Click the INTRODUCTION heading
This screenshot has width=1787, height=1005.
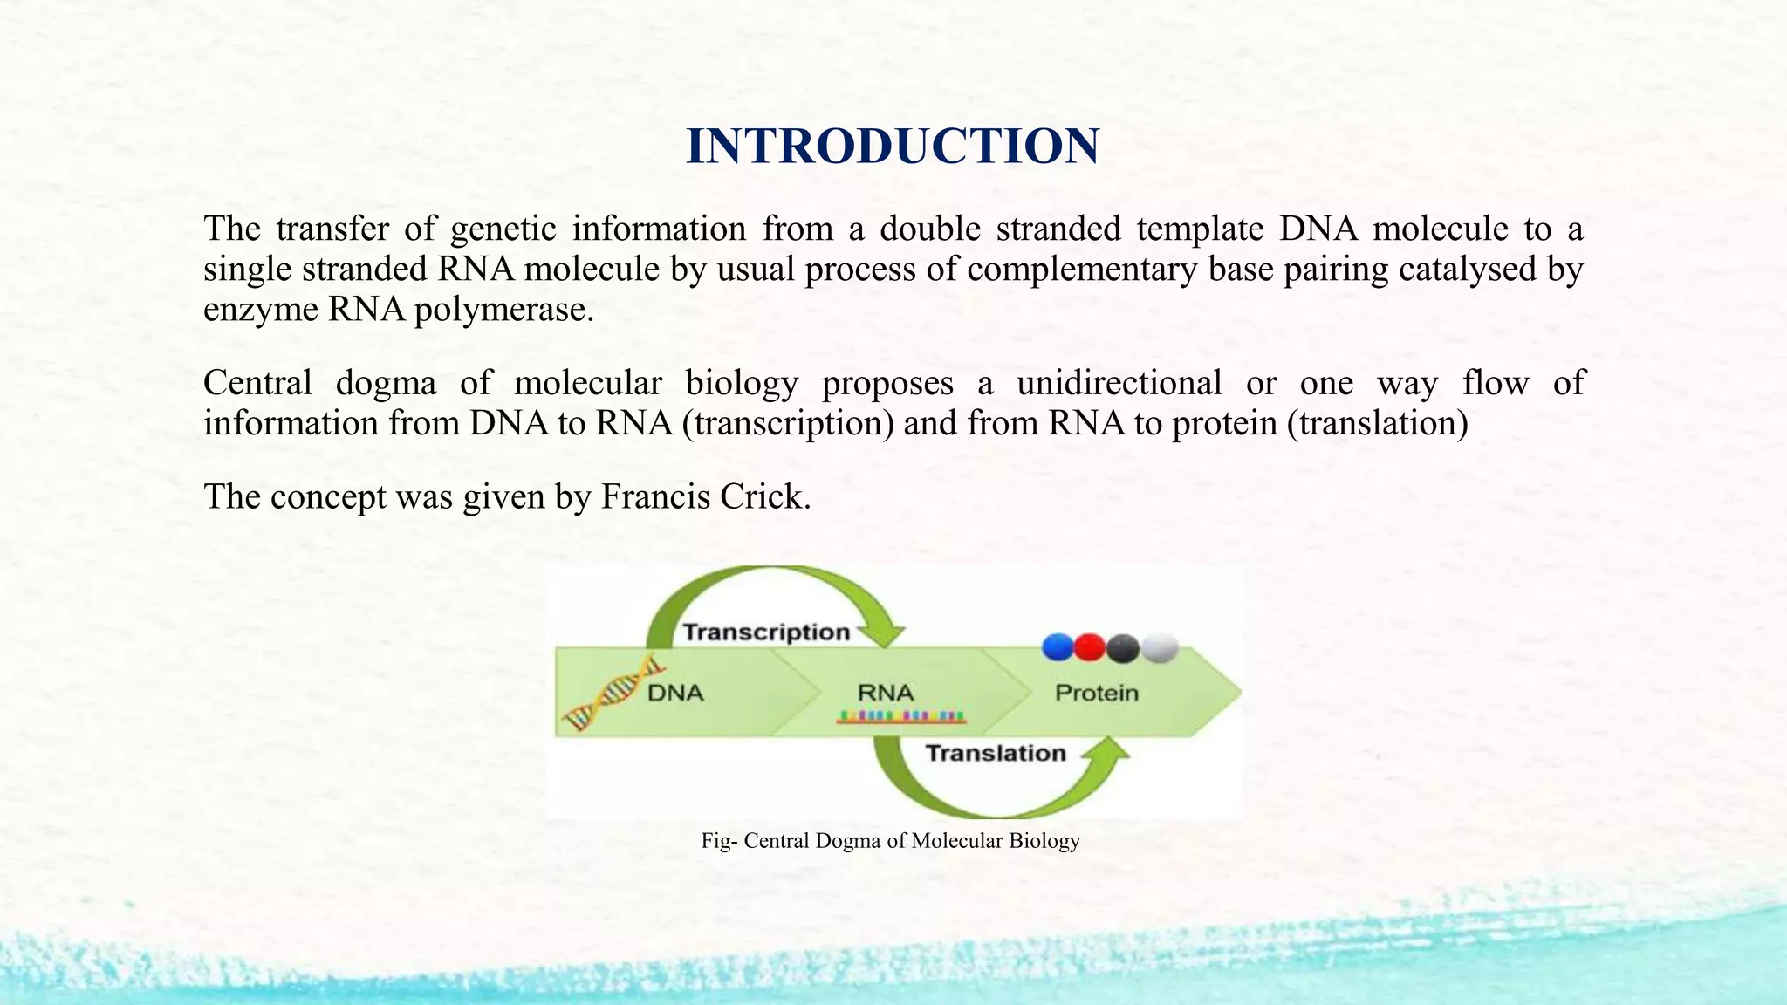(892, 146)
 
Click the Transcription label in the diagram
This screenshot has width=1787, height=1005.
(765, 632)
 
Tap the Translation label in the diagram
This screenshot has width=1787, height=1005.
(995, 753)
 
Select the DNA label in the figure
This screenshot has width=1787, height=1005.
(675, 694)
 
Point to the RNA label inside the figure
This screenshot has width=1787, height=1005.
(885, 694)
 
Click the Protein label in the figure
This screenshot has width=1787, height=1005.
(1097, 694)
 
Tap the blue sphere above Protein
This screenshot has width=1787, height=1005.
(1058, 647)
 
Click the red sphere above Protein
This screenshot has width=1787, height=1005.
(1090, 647)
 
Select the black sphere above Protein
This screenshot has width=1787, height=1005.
(1124, 648)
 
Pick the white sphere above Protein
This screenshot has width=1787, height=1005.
(1160, 648)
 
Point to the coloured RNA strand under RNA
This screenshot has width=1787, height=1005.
(901, 718)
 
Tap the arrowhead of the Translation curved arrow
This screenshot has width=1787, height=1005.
(1110, 752)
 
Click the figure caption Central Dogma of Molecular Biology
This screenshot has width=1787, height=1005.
(890, 841)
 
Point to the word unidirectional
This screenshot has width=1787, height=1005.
(1119, 383)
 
